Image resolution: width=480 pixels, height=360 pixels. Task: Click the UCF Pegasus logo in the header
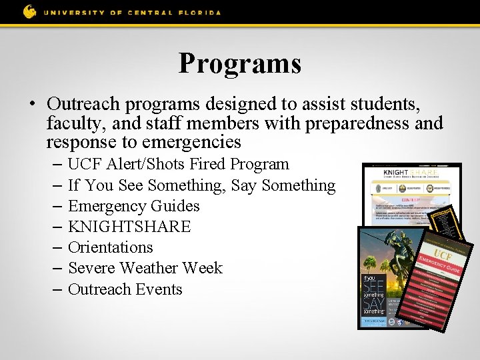[30, 11]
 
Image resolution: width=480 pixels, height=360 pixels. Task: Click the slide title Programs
[239, 63]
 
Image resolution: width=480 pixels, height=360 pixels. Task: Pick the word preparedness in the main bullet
[355, 123]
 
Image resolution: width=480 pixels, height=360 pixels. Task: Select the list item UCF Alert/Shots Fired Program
[179, 164]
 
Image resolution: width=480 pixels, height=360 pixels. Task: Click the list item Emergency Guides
[134, 206]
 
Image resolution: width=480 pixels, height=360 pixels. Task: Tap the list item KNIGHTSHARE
[129, 227]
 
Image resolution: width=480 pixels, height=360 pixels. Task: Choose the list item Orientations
[111, 247]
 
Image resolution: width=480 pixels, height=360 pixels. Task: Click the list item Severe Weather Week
[145, 268]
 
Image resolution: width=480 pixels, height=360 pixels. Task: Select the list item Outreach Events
[125, 289]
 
